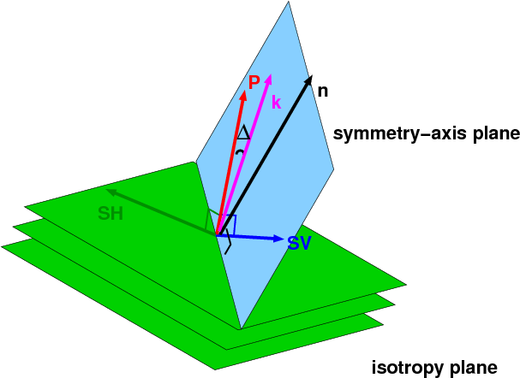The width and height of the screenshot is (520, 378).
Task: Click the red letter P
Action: point(254,82)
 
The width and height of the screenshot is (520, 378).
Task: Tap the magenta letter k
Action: point(276,102)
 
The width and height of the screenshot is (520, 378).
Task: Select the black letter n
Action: point(322,89)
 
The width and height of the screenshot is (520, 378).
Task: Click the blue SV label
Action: point(299,244)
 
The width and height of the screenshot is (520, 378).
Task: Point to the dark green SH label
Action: point(112,214)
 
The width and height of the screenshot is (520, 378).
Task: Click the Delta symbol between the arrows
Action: point(243,132)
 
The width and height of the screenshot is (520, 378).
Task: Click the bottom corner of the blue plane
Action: point(241,328)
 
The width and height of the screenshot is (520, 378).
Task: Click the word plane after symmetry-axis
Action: point(494,134)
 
